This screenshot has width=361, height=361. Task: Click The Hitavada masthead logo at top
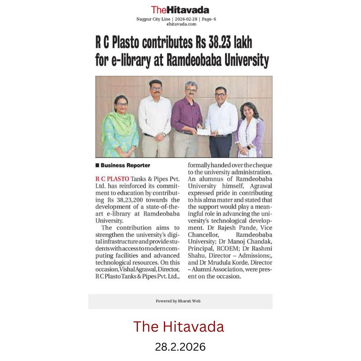(180, 9)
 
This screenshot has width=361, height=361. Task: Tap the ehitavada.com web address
(180, 24)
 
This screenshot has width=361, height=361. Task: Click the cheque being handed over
(204, 131)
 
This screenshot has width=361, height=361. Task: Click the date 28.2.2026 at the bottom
(180, 347)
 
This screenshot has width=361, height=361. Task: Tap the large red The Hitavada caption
(178, 326)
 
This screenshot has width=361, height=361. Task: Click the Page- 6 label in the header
(208, 19)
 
